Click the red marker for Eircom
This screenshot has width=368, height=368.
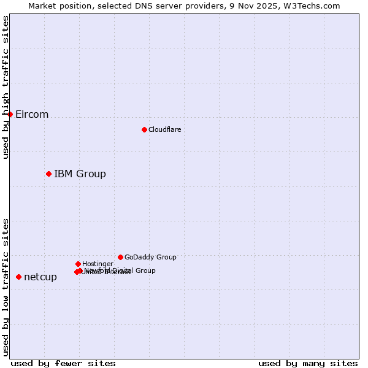coord(10,114)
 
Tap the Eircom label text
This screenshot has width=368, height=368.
coord(32,115)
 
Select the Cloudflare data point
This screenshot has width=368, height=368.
coord(144,129)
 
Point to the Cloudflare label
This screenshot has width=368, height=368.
coord(164,129)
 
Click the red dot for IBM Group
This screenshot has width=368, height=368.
coord(48,174)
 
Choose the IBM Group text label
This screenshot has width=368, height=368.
coord(80,174)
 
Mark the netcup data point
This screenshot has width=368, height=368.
coord(18,277)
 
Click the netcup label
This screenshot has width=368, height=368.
coord(40,277)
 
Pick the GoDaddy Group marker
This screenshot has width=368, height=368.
coord(120,257)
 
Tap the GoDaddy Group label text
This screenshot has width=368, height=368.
coord(150,258)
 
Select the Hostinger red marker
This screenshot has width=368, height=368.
coord(78,264)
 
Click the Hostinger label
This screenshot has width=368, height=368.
coord(98,264)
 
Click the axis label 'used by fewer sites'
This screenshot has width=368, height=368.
coord(63,364)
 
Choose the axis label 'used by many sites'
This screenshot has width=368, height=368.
coord(308,364)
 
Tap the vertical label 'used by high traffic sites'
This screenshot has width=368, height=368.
coord(6,88)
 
